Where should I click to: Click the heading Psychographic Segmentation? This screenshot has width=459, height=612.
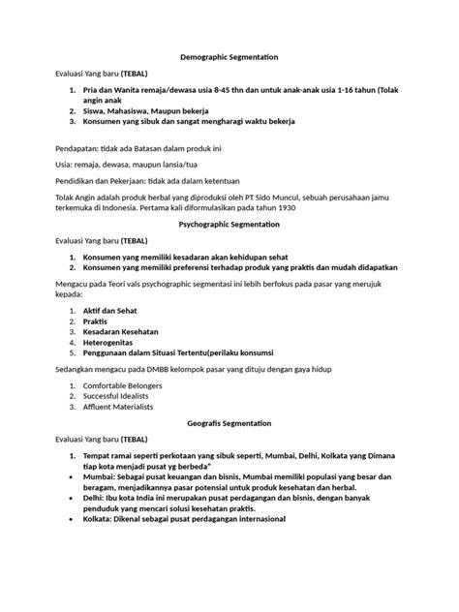click(229, 224)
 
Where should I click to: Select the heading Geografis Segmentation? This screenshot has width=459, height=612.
click(229, 423)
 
